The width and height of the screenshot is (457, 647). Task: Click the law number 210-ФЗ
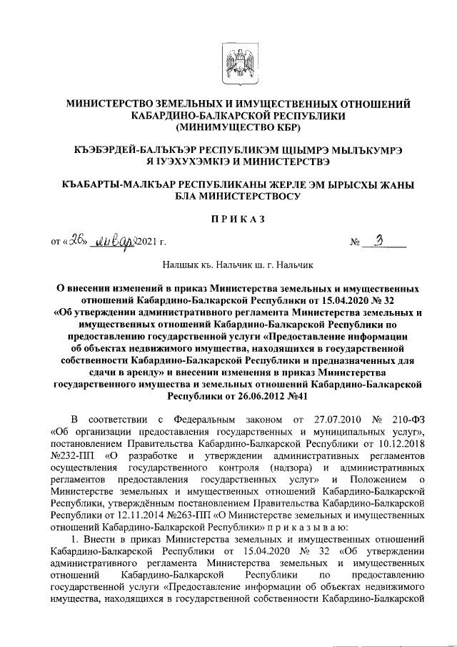pyautogui.click(x=408, y=416)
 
